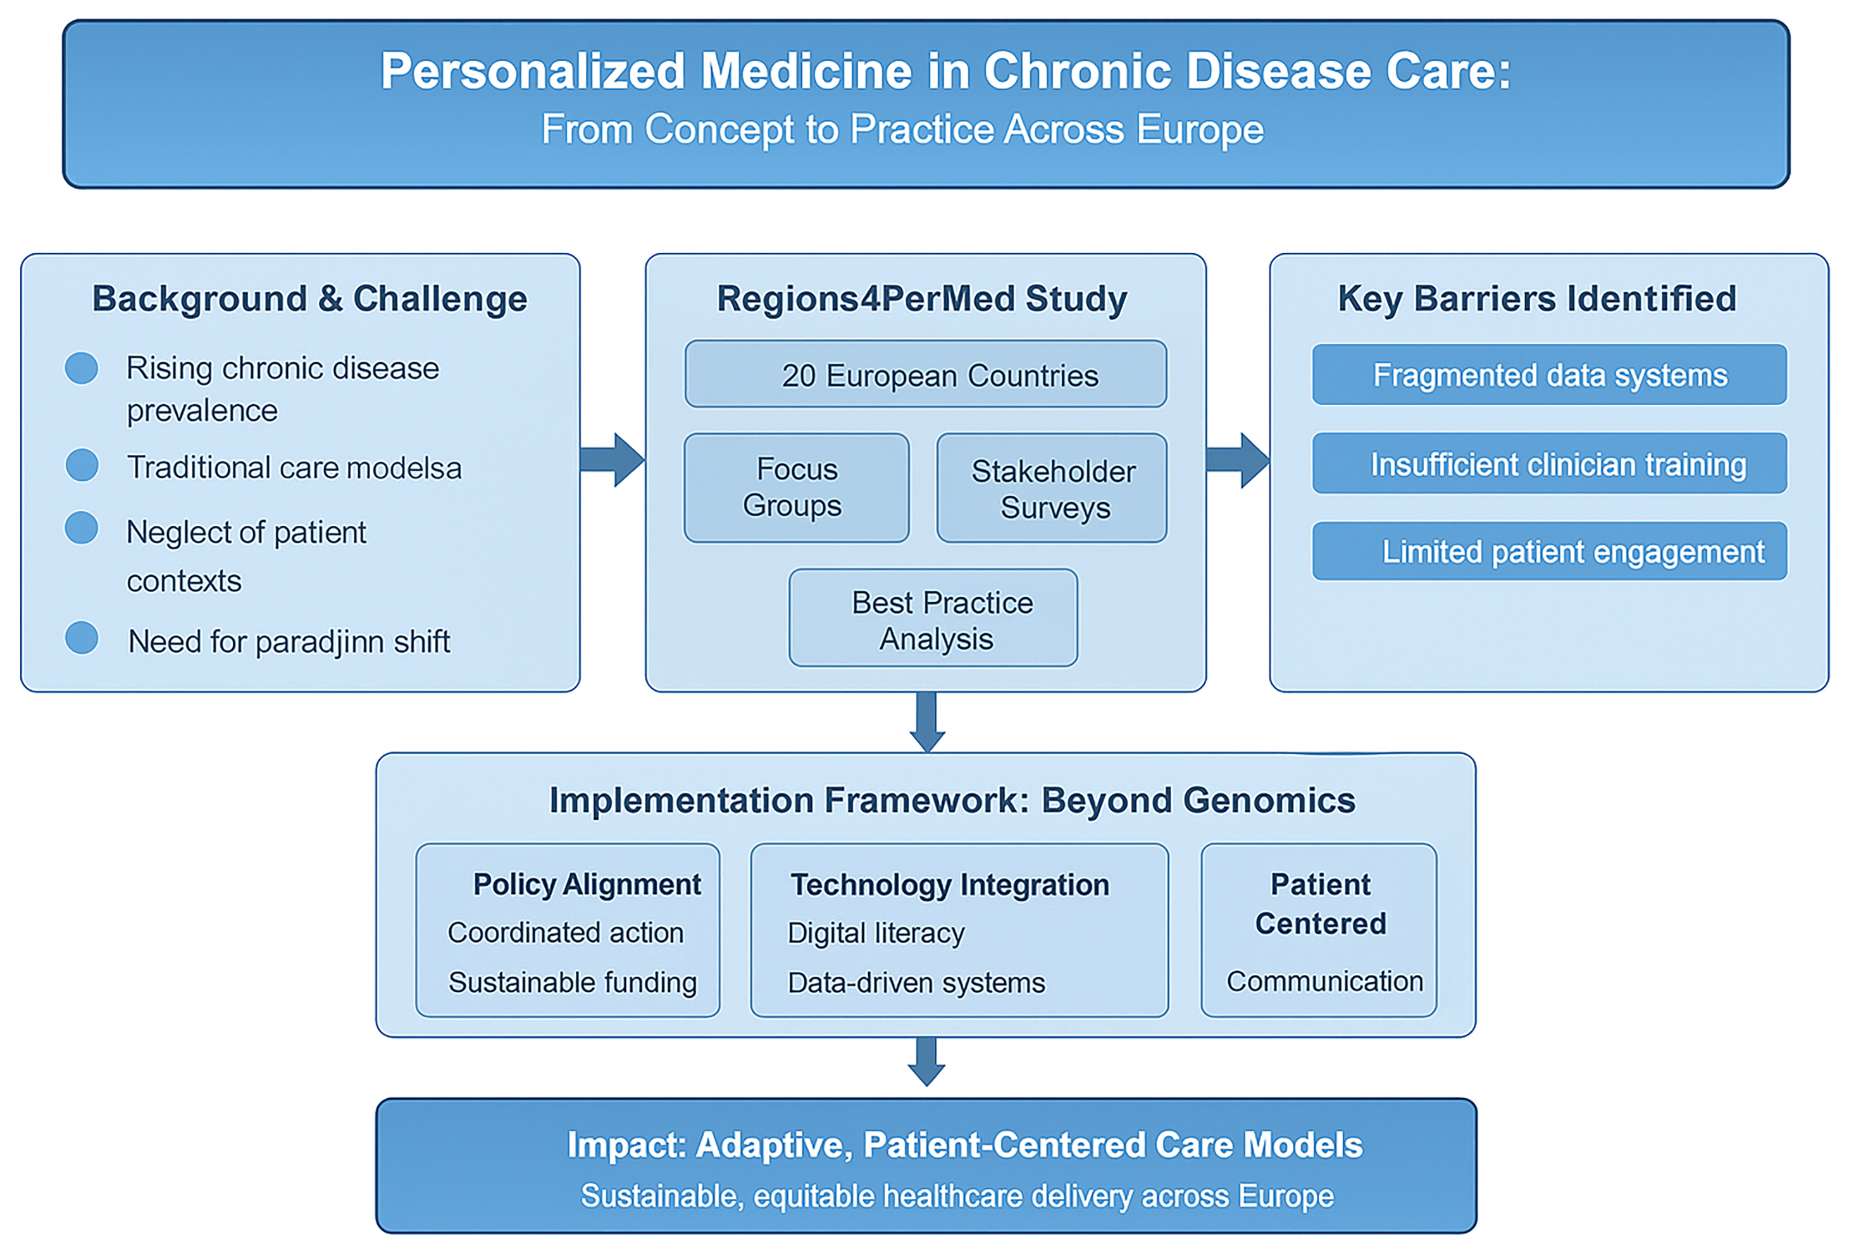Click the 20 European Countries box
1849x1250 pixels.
[925, 374]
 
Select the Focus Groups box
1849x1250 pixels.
[795, 488]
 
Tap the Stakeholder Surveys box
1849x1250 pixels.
[1051, 488]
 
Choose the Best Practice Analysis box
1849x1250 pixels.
[933, 618]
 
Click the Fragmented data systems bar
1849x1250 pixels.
[1548, 374]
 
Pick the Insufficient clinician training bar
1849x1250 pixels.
[1548, 464]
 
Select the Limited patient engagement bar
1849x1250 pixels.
[1548, 551]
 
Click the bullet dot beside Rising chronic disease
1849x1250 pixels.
[81, 368]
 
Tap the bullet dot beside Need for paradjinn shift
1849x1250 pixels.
[81, 638]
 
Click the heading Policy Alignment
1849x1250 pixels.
[587, 884]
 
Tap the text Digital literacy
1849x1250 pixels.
[875, 932]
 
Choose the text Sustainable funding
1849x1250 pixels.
[572, 982]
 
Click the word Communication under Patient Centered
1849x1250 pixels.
[1324, 981]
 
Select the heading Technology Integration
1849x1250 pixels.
[949, 885]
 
